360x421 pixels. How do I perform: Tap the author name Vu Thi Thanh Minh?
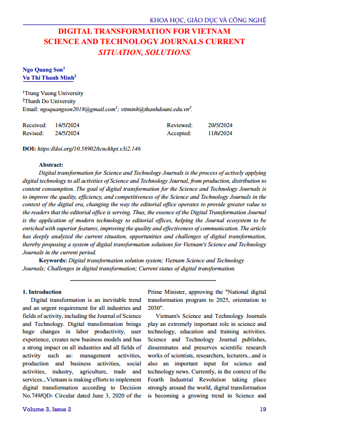click(x=48, y=78)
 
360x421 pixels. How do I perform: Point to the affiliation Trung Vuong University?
click(x=54, y=93)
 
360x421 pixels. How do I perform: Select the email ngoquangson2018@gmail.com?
click(x=78, y=108)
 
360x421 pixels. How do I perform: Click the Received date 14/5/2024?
click(x=67, y=125)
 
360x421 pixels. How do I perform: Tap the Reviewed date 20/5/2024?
click(x=220, y=125)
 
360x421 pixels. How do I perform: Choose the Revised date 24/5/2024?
click(x=67, y=133)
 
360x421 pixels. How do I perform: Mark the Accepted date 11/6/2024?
click(x=220, y=133)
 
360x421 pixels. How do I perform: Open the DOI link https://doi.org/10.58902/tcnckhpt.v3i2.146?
click(x=89, y=148)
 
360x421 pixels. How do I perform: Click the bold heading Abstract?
click(x=50, y=164)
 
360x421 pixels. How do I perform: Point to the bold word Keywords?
click(x=52, y=260)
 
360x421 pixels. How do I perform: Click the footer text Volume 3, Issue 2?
click(x=46, y=409)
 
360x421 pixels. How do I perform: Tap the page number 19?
click(x=263, y=409)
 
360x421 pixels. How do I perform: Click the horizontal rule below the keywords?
click(x=143, y=280)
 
